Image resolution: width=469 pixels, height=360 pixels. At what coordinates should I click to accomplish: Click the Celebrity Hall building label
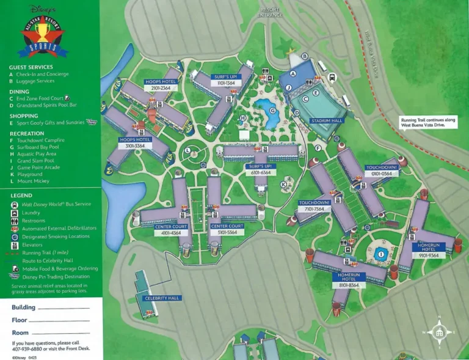point(162,298)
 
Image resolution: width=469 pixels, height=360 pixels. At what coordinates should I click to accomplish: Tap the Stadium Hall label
point(327,121)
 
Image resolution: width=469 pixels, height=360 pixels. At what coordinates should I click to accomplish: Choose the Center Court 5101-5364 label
point(227,229)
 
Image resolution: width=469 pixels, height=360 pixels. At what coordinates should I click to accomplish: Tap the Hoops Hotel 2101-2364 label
point(161,84)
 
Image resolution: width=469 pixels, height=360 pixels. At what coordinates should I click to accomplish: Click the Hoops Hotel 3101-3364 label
point(135,142)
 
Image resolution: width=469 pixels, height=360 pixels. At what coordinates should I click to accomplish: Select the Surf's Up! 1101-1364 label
point(225,79)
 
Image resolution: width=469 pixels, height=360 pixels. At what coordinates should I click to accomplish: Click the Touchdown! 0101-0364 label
point(382,170)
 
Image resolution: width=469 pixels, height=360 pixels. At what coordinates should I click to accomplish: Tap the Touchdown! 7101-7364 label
point(315,205)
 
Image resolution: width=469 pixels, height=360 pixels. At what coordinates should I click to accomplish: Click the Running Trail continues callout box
point(429,122)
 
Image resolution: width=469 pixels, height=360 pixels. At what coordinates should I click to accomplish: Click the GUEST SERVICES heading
point(31,67)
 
